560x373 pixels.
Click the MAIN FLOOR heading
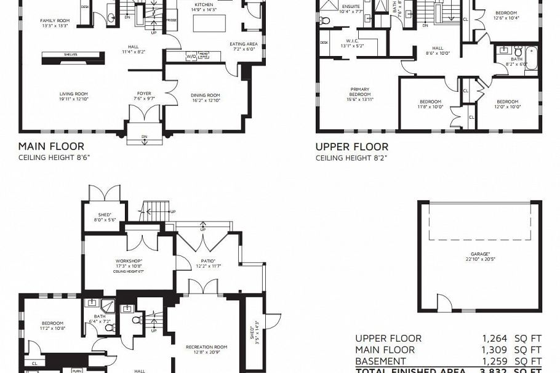pos(51,146)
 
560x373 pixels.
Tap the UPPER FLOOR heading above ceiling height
pos(352,146)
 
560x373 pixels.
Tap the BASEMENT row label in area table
pos(380,361)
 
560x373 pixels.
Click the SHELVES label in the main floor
pos(70,55)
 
